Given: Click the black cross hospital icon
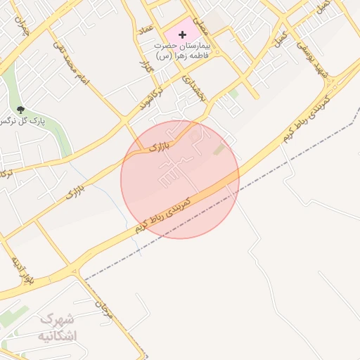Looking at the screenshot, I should [x=183, y=34].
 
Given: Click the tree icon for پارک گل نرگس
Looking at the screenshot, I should [x=20, y=109].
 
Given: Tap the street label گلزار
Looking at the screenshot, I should [x=146, y=69].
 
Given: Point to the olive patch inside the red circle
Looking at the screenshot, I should [x=220, y=150].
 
